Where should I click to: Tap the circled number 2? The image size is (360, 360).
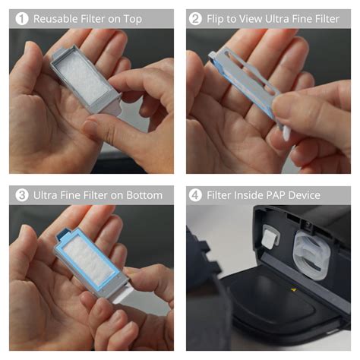(x=195, y=18)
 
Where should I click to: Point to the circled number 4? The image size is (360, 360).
(x=195, y=195)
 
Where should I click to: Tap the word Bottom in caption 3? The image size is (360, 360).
(x=143, y=195)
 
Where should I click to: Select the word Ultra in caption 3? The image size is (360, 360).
(x=46, y=195)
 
